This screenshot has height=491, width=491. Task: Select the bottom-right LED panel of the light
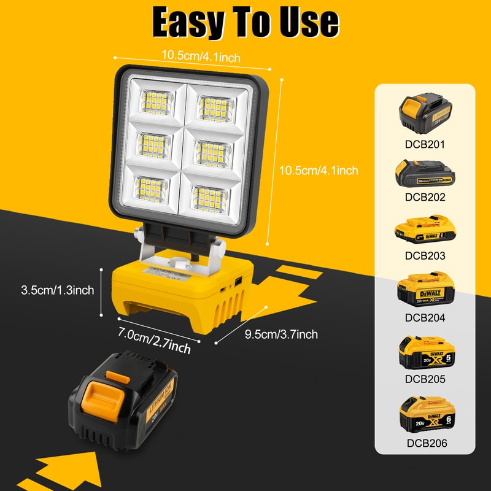coord(211,195)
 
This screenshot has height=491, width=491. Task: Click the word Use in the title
coord(309,22)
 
